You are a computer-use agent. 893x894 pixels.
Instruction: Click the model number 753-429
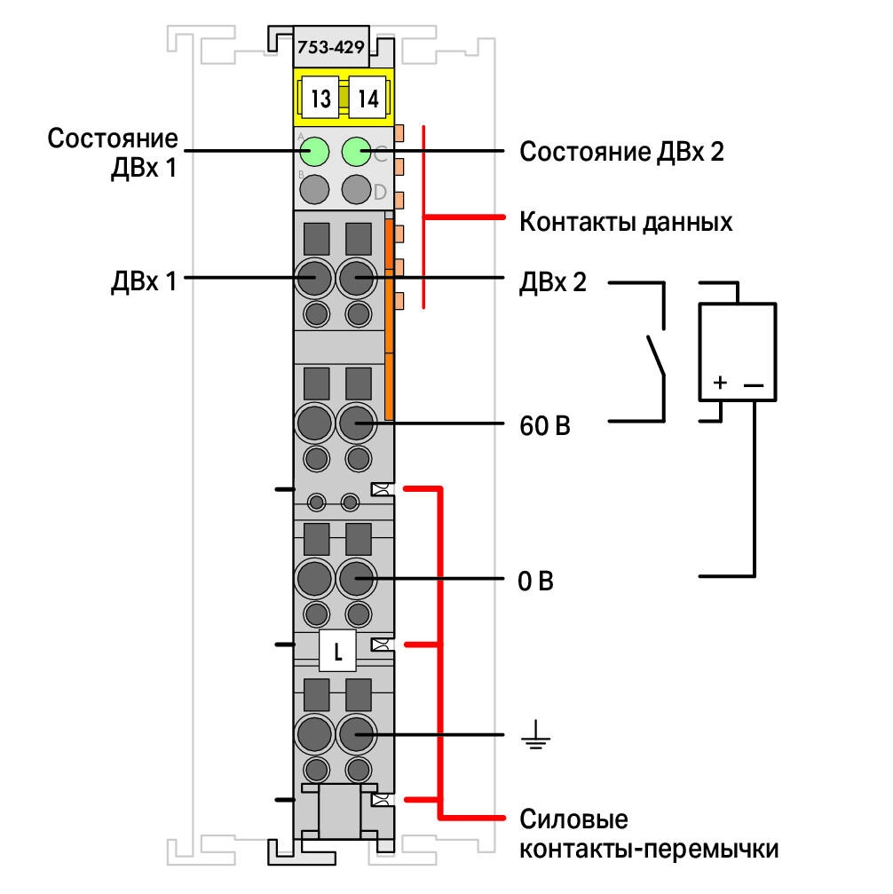tap(331, 47)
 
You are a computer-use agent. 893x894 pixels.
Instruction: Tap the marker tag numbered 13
tap(320, 98)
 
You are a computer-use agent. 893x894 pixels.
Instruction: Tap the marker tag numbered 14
tap(367, 98)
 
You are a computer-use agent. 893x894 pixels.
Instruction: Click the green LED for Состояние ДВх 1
tap(314, 152)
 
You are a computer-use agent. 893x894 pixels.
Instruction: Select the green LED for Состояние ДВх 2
tap(357, 152)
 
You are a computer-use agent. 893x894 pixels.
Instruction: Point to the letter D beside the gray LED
tap(380, 192)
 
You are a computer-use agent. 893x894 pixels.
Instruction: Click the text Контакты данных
tap(626, 222)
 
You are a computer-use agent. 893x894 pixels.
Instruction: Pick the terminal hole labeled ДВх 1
tap(314, 278)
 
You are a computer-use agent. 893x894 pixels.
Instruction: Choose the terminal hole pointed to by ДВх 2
tap(357, 278)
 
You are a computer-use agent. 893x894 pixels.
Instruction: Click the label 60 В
tap(544, 426)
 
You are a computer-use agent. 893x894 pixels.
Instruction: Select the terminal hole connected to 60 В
tap(357, 423)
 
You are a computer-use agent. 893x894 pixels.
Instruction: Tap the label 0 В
tap(535, 581)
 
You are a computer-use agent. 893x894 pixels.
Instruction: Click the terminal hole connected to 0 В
tap(357, 578)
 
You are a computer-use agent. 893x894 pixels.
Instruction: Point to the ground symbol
tap(535, 734)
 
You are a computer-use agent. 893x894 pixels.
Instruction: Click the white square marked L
tap(337, 651)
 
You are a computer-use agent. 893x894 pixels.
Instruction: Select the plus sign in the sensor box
tap(720, 382)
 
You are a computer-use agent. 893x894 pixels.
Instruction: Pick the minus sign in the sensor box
tap(754, 385)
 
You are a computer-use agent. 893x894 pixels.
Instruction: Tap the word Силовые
tap(573, 819)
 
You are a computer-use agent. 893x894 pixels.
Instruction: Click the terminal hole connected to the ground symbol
tap(357, 734)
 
